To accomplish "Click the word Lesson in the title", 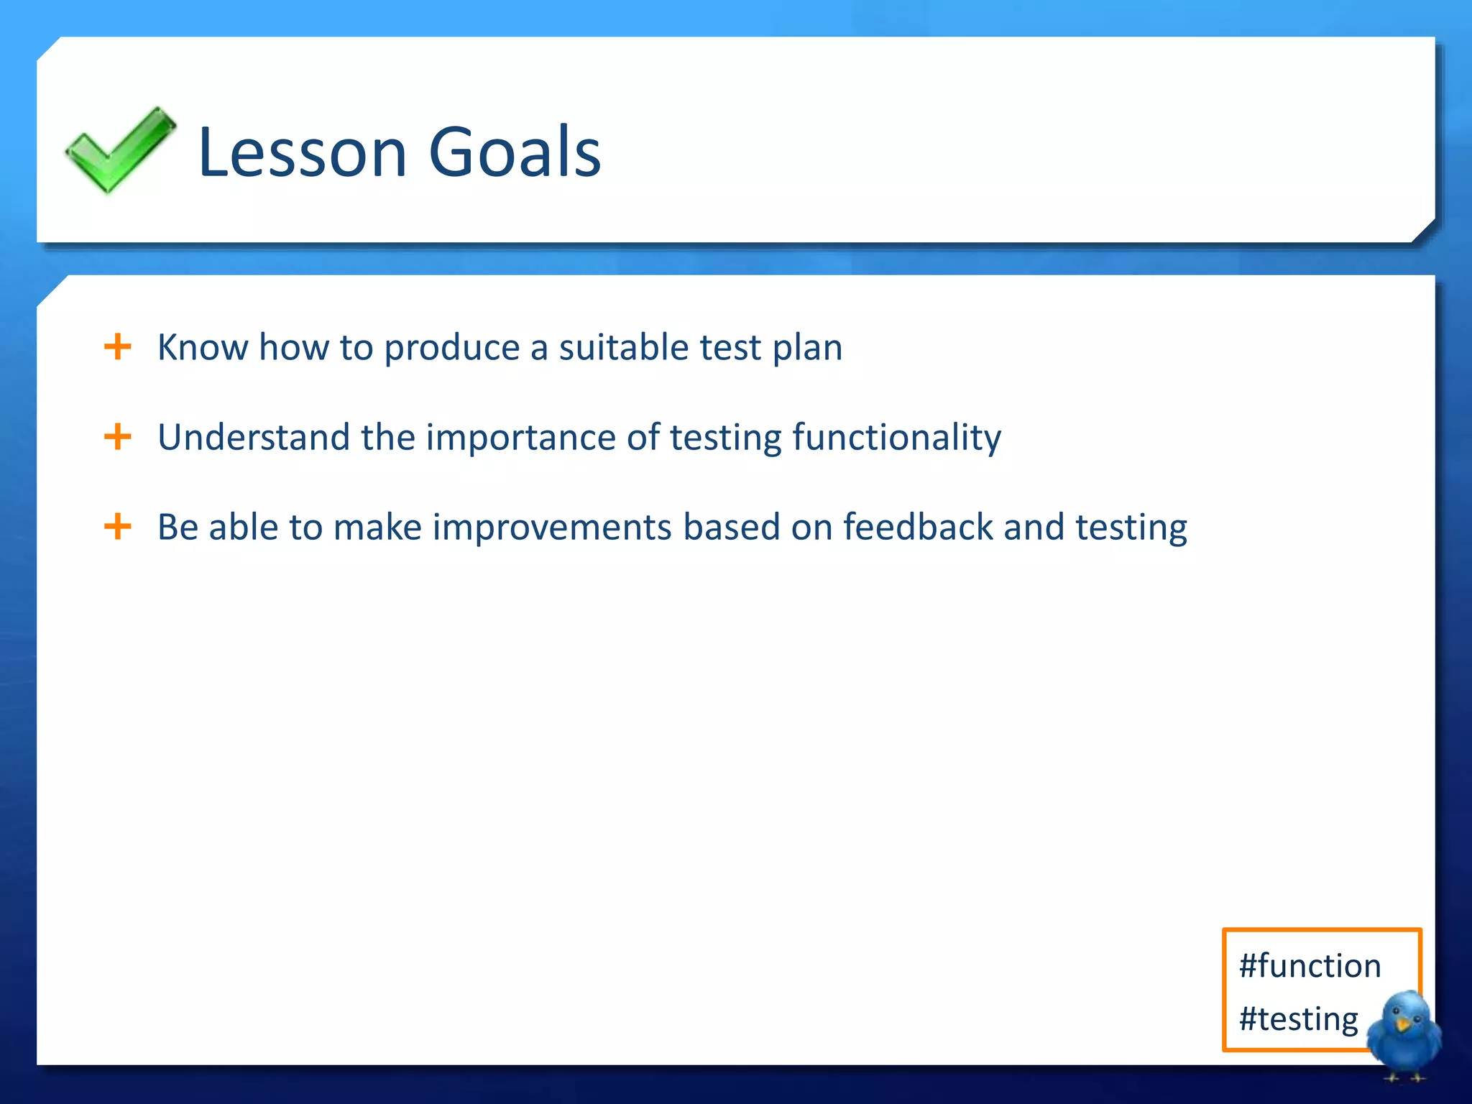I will (302, 152).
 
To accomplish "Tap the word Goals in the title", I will (514, 152).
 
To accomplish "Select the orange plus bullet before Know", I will (118, 347).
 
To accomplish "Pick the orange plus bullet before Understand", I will (118, 437).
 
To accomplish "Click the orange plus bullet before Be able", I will (118, 527).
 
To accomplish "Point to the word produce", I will (451, 349).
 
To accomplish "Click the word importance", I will (520, 438).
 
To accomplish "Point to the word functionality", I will (896, 437).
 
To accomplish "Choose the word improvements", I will (552, 528).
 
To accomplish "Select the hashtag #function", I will (1310, 965).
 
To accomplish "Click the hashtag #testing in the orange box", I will (1298, 1019).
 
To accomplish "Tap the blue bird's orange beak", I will (1402, 1023).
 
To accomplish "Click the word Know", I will (203, 347).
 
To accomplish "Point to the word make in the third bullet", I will (377, 527).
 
